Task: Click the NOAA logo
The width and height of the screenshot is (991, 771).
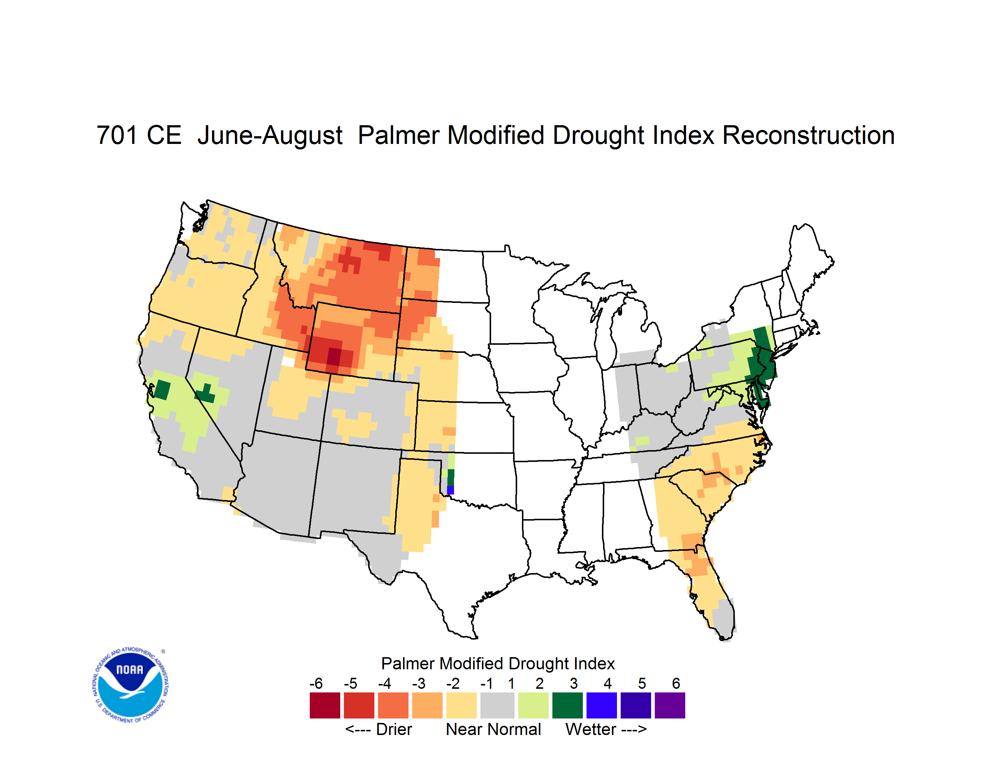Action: [131, 685]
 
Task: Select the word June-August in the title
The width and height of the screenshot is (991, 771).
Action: [270, 136]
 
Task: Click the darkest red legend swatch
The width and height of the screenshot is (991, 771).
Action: [324, 705]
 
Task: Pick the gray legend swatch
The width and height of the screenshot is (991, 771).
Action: [497, 705]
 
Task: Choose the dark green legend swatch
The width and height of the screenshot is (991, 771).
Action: [567, 705]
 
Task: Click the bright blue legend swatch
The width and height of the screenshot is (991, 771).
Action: [601, 705]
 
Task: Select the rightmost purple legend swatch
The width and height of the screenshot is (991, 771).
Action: [670, 705]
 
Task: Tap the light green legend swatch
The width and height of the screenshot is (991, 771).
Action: [533, 705]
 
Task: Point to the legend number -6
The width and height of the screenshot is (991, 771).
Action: [316, 683]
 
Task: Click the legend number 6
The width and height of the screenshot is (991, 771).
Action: [676, 683]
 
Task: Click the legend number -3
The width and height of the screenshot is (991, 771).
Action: [419, 683]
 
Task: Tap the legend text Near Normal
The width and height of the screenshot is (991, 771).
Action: [493, 729]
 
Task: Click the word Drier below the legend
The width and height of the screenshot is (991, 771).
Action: [394, 729]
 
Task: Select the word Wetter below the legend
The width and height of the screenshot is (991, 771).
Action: [591, 729]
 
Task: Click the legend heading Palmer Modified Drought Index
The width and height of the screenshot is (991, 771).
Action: [498, 663]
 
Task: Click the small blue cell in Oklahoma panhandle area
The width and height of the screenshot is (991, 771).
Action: [450, 490]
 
